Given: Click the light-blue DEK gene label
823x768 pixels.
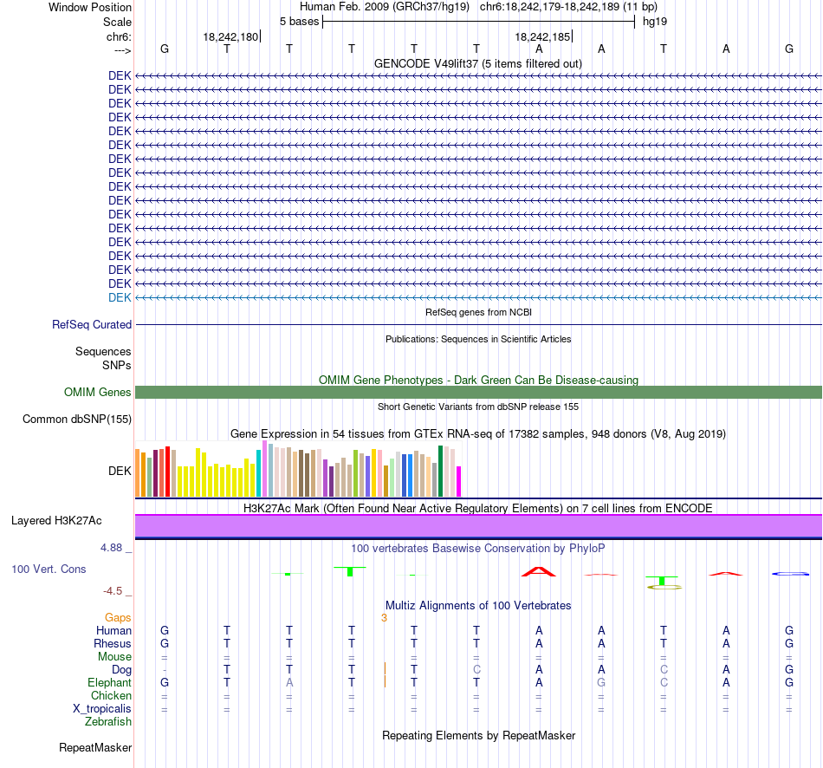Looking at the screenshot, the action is pyautogui.click(x=120, y=298).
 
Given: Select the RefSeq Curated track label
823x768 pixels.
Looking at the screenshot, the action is pyautogui.click(x=92, y=325).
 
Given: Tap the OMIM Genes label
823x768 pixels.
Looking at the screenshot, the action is pyautogui.click(x=98, y=393).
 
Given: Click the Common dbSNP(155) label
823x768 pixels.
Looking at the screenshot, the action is pyautogui.click(x=77, y=420).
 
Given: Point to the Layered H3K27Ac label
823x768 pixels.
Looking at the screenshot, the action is pyautogui.click(x=56, y=521).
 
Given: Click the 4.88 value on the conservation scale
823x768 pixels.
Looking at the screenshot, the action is pyautogui.click(x=111, y=548).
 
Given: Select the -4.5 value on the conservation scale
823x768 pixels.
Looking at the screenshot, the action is pyautogui.click(x=113, y=591).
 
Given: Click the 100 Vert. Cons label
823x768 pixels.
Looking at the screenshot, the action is pyautogui.click(x=49, y=569).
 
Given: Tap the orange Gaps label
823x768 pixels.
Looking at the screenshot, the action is pyautogui.click(x=118, y=618).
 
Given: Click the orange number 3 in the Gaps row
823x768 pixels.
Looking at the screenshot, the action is pyautogui.click(x=384, y=618).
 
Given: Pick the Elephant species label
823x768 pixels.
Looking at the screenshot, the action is pyautogui.click(x=110, y=683).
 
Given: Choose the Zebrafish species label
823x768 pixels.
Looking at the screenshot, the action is pyautogui.click(x=108, y=722).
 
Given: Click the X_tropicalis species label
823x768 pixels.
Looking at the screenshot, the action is pyautogui.click(x=102, y=709).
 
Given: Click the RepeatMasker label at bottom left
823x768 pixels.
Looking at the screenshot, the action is pyautogui.click(x=95, y=747).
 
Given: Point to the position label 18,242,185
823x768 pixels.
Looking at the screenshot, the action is pyautogui.click(x=542, y=36).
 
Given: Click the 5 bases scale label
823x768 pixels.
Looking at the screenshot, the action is pyautogui.click(x=299, y=22).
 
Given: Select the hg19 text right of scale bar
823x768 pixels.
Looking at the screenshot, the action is pyautogui.click(x=655, y=22).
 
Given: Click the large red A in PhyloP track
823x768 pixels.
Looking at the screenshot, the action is pyautogui.click(x=539, y=571).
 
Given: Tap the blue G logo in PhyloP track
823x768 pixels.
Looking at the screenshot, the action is pyautogui.click(x=790, y=574).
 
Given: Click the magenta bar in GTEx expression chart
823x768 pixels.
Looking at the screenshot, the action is pyautogui.click(x=459, y=481).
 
